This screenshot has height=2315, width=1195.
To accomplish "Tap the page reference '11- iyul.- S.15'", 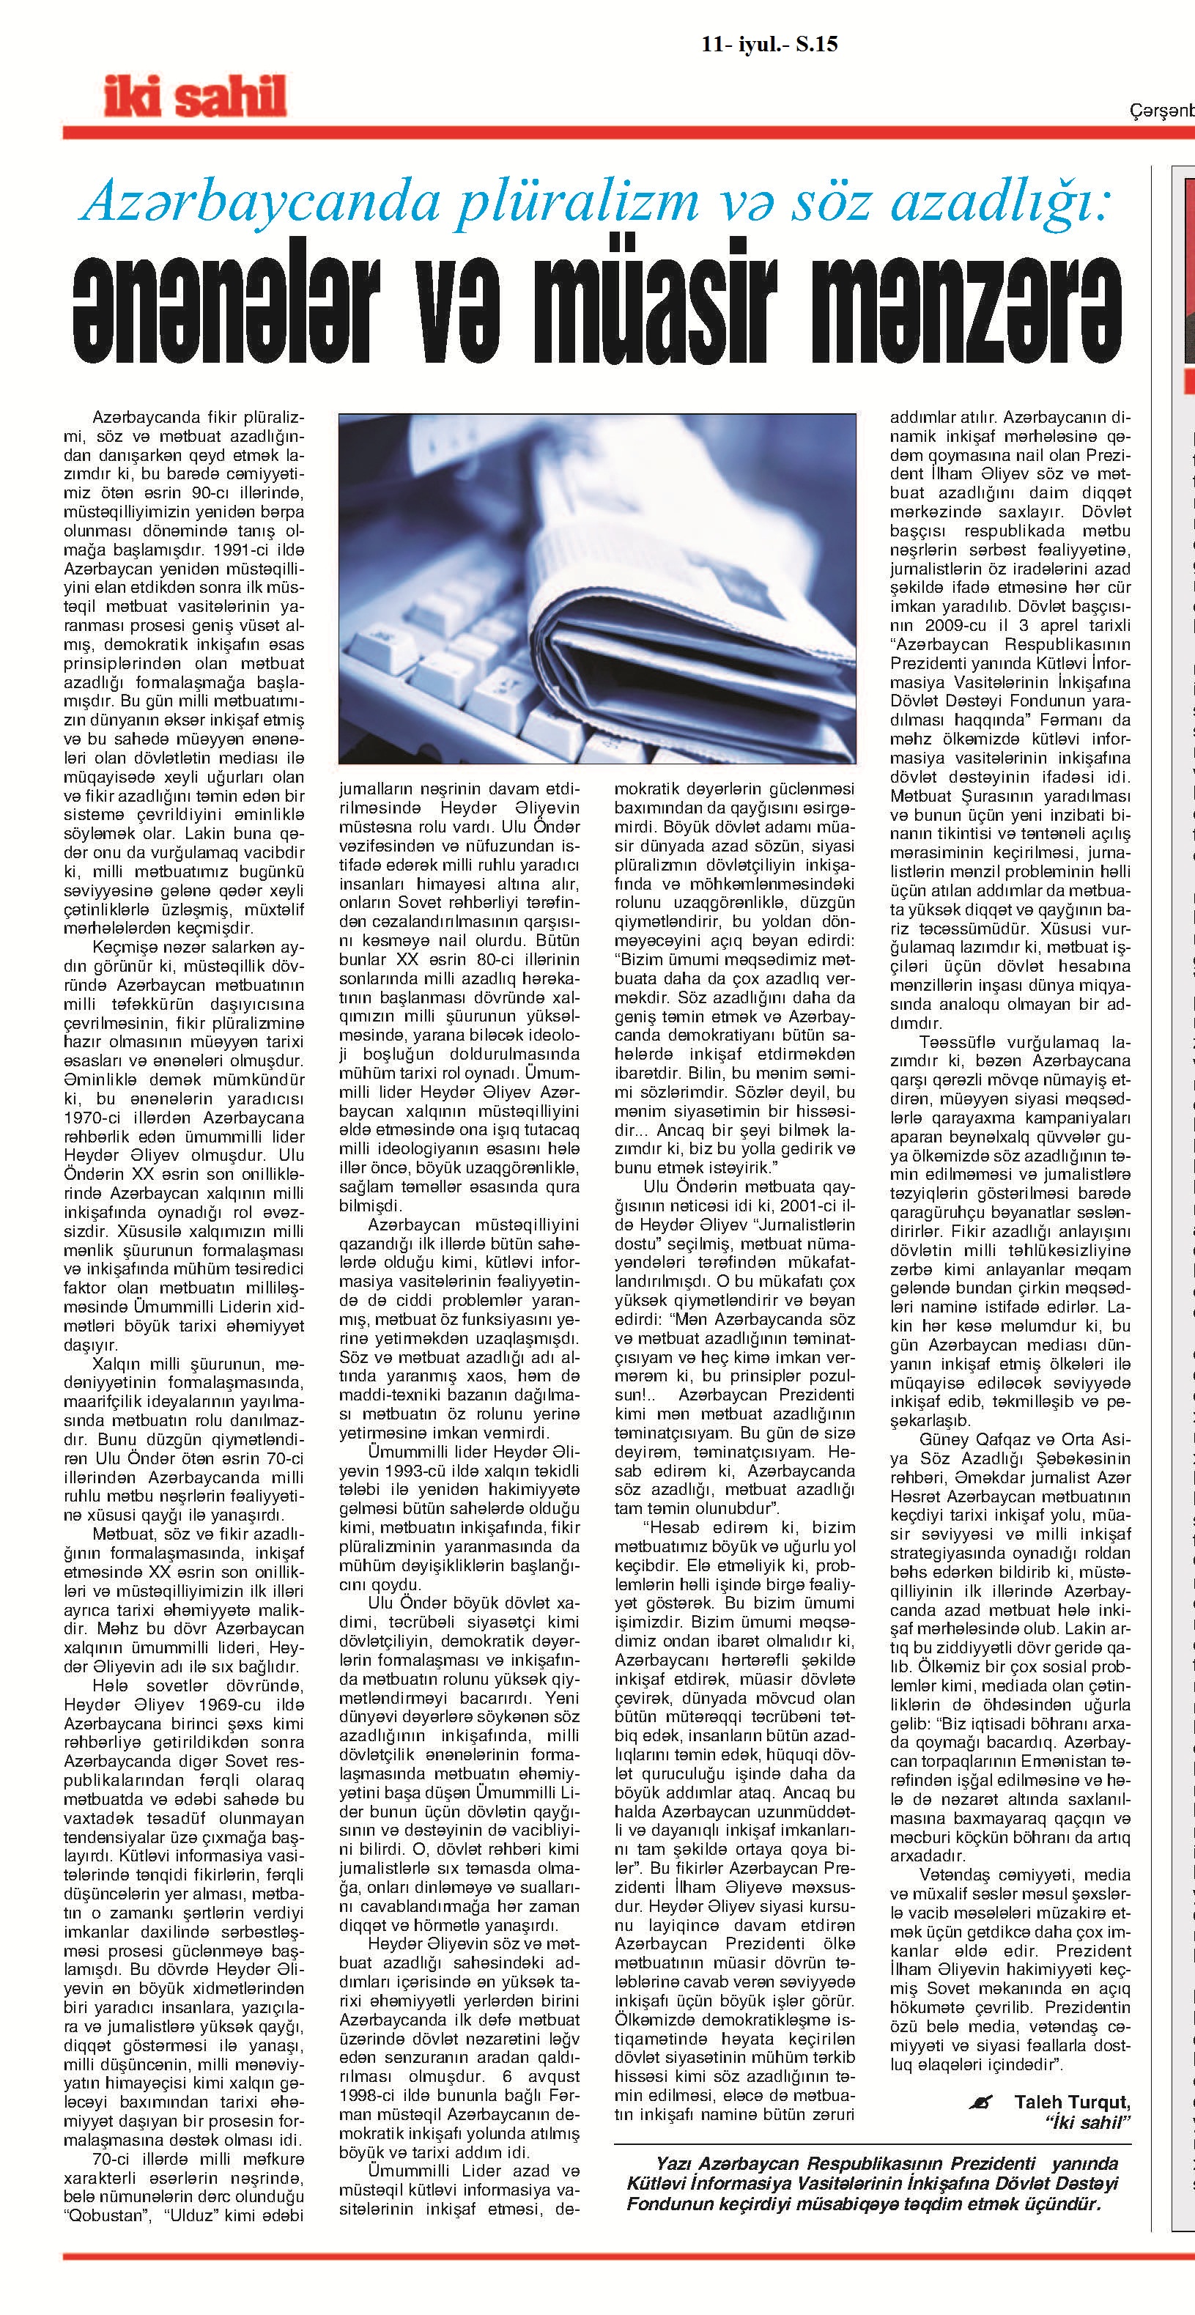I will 769,44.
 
